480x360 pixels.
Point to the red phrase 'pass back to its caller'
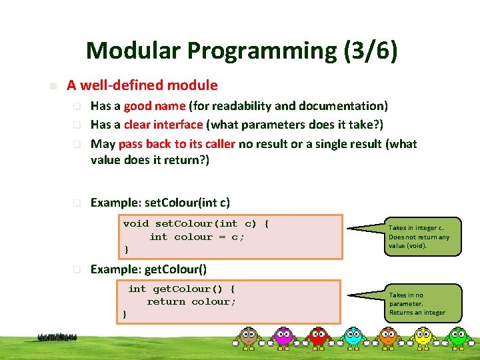[177, 144]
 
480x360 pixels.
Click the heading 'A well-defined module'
[142, 85]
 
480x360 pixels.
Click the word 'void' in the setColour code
[136, 224]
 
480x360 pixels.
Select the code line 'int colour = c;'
[197, 237]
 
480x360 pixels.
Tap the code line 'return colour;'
[191, 301]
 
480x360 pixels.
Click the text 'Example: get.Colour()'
[148, 269]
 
